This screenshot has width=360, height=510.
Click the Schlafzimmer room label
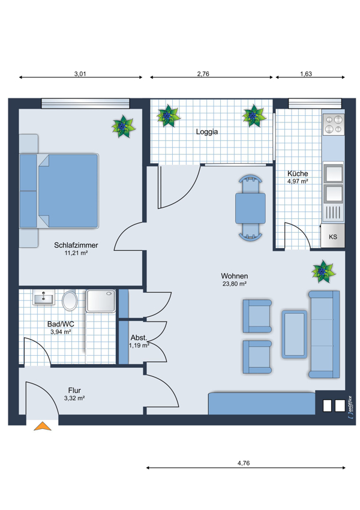click(x=76, y=245)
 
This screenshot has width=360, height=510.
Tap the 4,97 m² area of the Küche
click(x=297, y=181)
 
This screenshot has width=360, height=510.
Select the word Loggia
click(x=207, y=132)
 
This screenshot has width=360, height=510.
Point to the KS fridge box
click(x=332, y=236)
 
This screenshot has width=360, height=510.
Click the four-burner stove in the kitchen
click(x=334, y=125)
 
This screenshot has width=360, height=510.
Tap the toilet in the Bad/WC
click(x=70, y=300)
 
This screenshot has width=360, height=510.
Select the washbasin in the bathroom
click(x=44, y=298)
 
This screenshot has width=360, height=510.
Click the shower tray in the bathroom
click(x=101, y=301)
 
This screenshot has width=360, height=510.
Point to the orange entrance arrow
click(x=43, y=426)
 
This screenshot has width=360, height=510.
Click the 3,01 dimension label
click(x=80, y=74)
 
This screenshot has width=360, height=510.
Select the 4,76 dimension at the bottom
click(x=244, y=463)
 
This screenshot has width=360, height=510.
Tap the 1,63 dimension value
click(x=306, y=74)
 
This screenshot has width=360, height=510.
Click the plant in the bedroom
click(x=123, y=126)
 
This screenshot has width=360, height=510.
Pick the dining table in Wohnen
click(x=250, y=208)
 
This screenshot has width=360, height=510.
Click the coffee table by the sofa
click(x=295, y=334)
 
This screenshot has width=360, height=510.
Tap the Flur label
click(x=74, y=391)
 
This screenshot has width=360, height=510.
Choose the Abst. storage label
click(x=139, y=338)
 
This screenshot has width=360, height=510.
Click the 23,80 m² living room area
click(x=235, y=284)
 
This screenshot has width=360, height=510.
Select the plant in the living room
click(x=323, y=271)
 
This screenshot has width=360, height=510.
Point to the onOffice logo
click(x=350, y=407)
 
